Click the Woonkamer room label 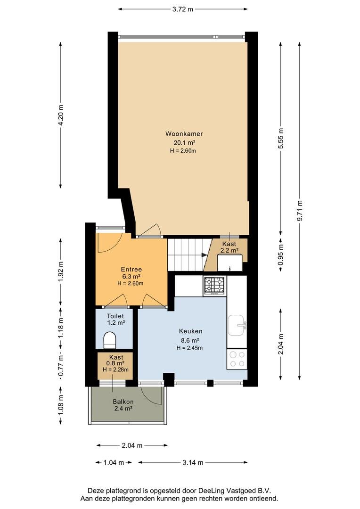point(184,133)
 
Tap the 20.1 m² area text point(184,142)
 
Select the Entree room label point(131,269)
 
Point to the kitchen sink point(237,325)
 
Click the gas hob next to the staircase point(214,286)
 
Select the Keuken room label point(190,331)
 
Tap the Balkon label point(123,402)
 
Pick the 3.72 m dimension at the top point(183,9)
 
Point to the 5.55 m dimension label point(281,138)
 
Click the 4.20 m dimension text point(61,115)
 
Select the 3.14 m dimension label point(193,462)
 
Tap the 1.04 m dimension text point(114,462)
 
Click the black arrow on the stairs point(205,255)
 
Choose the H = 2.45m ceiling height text point(189,348)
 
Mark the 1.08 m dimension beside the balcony point(61,405)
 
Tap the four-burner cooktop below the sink point(237,359)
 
